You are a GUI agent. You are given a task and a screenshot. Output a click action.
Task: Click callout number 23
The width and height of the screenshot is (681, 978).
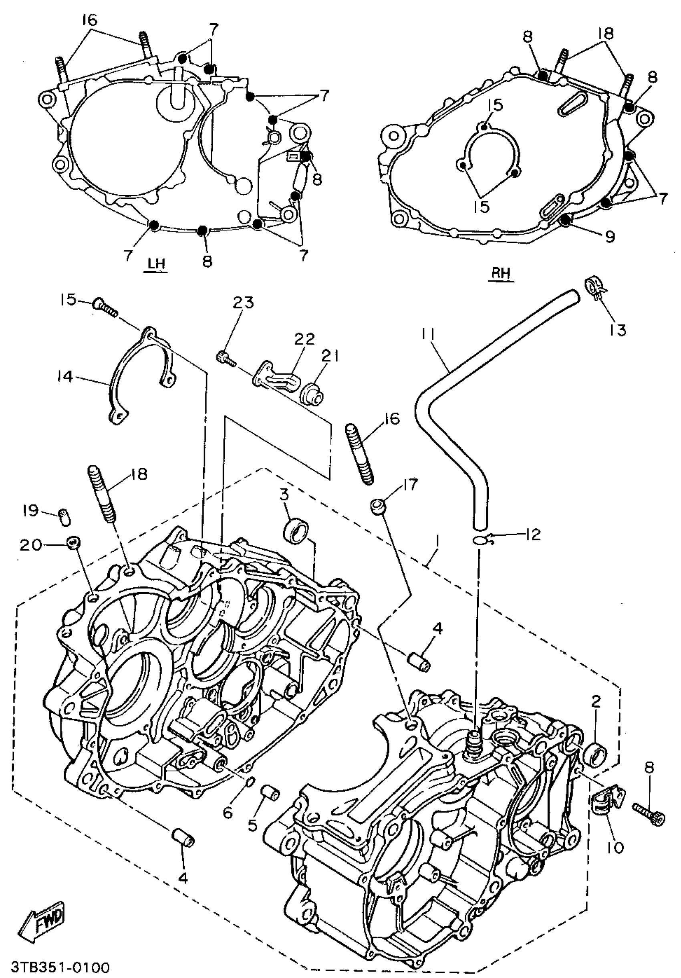[x=243, y=302]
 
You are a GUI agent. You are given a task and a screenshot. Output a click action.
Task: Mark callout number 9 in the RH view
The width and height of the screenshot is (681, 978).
[x=610, y=236]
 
